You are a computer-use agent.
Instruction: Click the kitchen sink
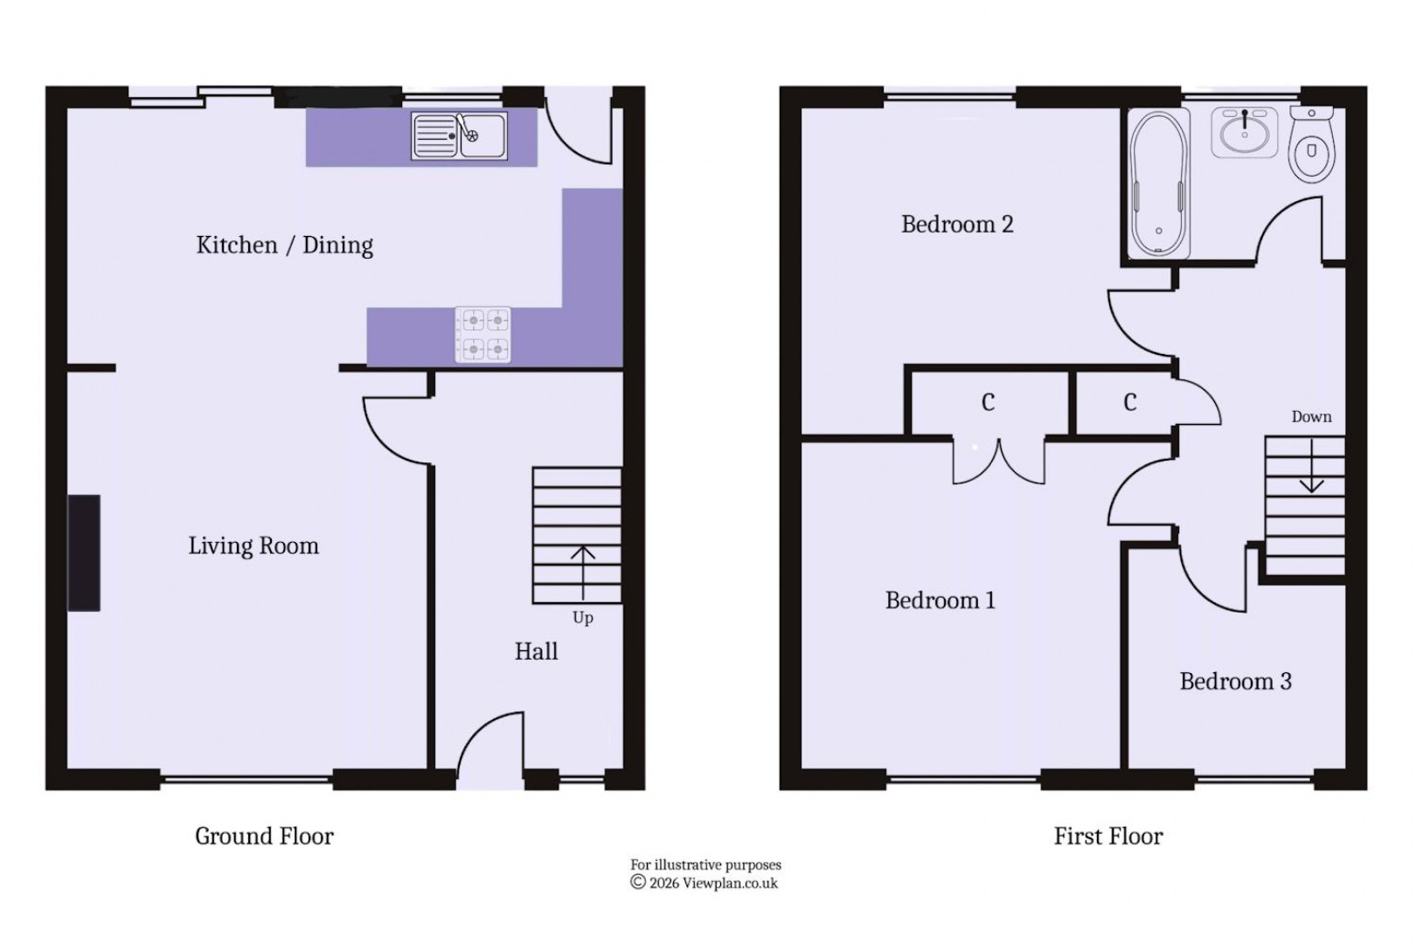[459, 136]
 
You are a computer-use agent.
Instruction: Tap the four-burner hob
[482, 335]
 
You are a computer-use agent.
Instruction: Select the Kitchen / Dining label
[284, 246]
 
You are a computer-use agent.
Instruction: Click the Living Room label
[253, 546]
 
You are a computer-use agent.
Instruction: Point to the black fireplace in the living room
[85, 552]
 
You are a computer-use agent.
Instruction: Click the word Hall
[536, 651]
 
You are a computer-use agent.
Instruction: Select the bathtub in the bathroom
[1159, 184]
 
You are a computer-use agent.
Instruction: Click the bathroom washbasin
[1244, 133]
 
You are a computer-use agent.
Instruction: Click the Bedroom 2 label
[957, 225]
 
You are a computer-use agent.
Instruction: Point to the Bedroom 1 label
[940, 600]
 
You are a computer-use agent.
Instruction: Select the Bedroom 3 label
[1235, 682]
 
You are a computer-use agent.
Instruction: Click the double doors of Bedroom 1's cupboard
[998, 462]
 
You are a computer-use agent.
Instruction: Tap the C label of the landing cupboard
[1129, 402]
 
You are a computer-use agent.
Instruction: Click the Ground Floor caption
[264, 836]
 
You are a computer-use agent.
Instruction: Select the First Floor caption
[1107, 836]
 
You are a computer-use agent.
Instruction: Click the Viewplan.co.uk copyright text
[705, 883]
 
